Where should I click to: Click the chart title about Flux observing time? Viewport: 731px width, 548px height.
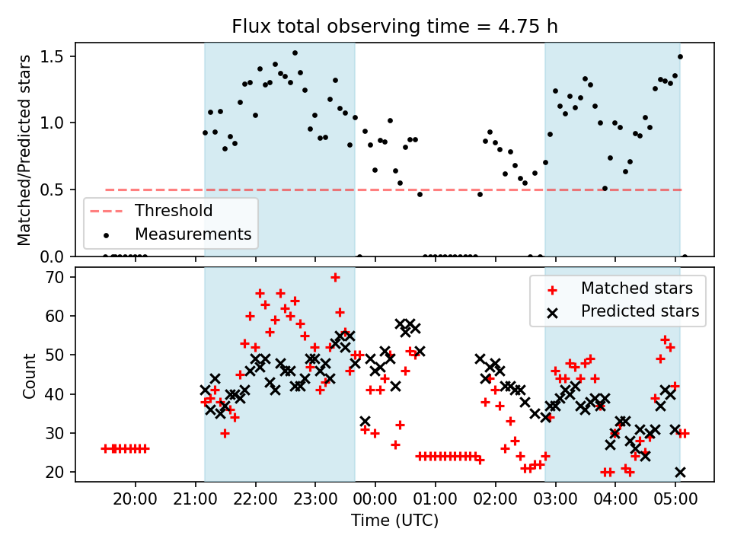click(394, 27)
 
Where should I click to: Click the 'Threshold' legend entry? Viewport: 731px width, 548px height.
click(174, 210)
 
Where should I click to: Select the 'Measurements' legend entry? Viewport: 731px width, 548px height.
click(193, 234)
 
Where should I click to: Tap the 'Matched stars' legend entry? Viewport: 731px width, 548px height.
click(637, 288)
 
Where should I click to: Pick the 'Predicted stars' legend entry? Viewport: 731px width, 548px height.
click(640, 311)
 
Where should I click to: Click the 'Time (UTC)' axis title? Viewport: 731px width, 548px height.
click(394, 521)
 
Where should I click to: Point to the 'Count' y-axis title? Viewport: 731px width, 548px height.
click(30, 375)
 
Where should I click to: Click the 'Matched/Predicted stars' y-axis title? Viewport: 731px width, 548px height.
click(24, 150)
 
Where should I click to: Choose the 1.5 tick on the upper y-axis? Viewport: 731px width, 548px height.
click(59, 56)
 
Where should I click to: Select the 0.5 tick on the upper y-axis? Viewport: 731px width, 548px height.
click(59, 190)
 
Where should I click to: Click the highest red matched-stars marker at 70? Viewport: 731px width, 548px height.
click(335, 277)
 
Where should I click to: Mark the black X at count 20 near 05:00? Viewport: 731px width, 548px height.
click(680, 472)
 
